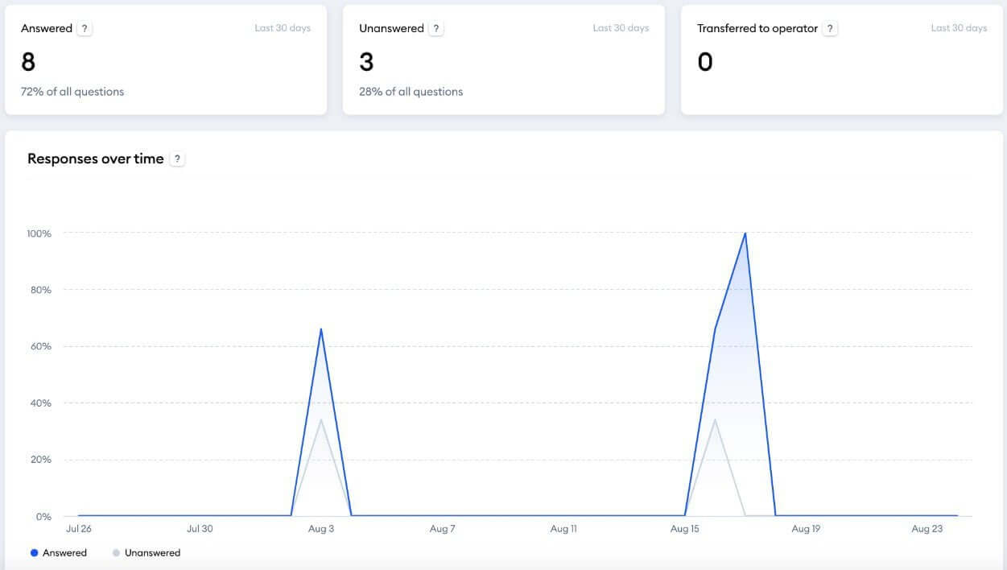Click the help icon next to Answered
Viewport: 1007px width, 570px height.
coord(85,28)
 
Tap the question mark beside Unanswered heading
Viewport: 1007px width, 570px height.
coord(435,28)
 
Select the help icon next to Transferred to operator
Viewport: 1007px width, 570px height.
coord(830,28)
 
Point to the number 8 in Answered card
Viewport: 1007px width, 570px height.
coord(28,62)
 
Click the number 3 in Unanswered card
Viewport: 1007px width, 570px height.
coord(366,62)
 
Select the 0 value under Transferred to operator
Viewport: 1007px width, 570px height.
coord(705,62)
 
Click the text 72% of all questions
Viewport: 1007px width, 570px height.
coord(72,92)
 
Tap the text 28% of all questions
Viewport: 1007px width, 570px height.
coord(411,92)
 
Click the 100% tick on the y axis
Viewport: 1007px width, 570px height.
coord(39,233)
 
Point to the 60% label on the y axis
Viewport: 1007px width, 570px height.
coord(40,346)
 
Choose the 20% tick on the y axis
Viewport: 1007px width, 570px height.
coord(40,460)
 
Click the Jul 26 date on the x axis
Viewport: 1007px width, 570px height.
coord(78,529)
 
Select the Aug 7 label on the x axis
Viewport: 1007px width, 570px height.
coord(442,529)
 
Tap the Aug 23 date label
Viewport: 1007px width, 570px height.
coord(927,529)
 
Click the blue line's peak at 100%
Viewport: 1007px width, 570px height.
coord(745,233)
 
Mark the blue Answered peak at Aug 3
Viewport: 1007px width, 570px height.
coord(321,329)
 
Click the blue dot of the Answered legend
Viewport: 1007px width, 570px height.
coord(34,553)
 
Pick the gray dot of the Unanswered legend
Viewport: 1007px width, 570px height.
coord(116,553)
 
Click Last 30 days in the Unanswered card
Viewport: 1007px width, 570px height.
coord(620,28)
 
